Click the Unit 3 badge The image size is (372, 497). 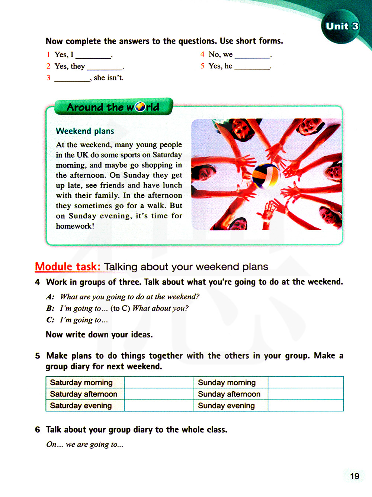click(341, 26)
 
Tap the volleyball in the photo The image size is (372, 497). click(266, 176)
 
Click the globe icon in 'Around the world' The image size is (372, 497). click(140, 107)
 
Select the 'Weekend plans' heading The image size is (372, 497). click(85, 131)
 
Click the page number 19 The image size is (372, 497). click(355, 476)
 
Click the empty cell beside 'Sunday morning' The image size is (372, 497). click(305, 382)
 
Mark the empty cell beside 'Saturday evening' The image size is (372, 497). click(159, 405)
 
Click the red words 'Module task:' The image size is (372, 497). click(68, 266)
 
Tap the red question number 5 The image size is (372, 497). click(202, 66)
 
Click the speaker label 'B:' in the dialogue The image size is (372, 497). click(50, 308)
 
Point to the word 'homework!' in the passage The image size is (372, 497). click(75, 226)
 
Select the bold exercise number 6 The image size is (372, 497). click(38, 430)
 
